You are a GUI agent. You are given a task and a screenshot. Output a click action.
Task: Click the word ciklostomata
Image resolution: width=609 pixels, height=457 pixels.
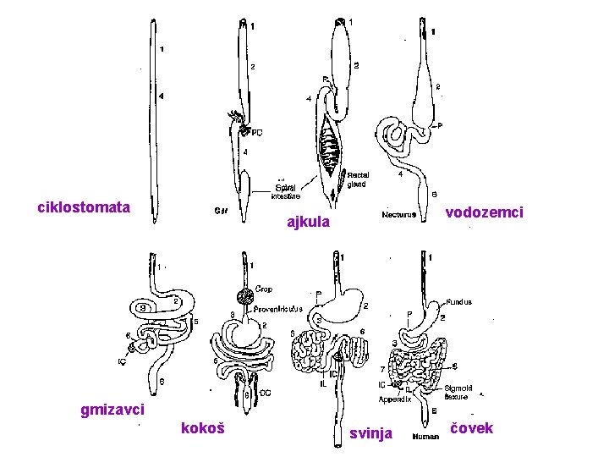[84, 206]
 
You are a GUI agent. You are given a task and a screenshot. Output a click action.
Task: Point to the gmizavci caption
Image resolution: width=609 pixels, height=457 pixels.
[112, 410]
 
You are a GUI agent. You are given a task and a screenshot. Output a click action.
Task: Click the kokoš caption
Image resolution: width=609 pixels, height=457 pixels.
[203, 428]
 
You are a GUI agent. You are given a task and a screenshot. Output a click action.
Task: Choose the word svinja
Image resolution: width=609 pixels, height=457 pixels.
[371, 433]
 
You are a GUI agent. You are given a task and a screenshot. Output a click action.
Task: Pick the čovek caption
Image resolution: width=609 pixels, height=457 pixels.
[472, 428]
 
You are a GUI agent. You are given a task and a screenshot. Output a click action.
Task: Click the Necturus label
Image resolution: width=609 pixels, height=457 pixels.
[399, 215]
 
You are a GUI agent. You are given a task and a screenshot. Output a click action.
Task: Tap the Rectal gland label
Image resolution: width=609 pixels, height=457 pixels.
[357, 179]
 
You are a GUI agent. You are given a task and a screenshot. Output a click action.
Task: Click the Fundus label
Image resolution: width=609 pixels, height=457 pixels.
[458, 301]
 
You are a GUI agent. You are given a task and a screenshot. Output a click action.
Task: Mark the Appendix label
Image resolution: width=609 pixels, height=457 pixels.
[395, 399]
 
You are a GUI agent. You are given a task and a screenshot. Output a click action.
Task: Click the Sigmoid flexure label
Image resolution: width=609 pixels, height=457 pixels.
[457, 392]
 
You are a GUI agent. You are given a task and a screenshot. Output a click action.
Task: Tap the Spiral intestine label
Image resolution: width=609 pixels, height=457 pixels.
[285, 192]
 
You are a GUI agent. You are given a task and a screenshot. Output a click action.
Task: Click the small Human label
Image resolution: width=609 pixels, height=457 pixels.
[425, 438]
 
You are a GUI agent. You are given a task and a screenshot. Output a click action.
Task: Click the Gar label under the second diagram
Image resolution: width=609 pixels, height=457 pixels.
[221, 212]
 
